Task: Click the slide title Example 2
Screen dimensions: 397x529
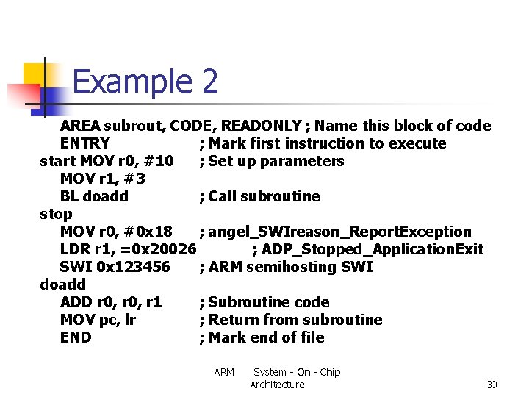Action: pos(145,82)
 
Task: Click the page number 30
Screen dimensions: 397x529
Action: pos(492,385)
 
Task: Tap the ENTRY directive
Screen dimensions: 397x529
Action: pos(84,143)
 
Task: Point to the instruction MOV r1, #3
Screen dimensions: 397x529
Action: pos(102,179)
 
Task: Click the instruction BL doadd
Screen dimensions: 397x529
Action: pos(94,196)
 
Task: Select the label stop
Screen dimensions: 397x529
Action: pos(56,214)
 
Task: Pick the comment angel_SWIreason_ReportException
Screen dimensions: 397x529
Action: pos(339,232)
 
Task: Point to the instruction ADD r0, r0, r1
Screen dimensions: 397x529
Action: pos(111,302)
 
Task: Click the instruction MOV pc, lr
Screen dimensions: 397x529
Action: pos(98,320)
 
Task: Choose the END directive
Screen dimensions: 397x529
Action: pos(76,337)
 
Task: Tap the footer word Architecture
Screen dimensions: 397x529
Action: pos(277,385)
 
